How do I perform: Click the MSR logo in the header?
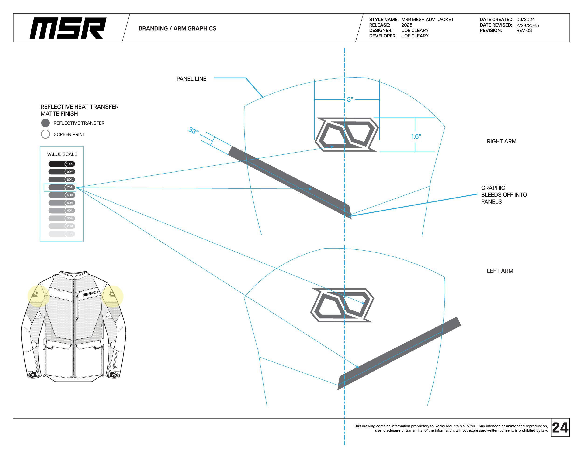(x=68, y=28)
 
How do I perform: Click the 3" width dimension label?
(x=350, y=99)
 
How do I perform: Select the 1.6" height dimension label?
(x=416, y=136)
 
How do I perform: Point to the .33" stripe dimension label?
(x=193, y=130)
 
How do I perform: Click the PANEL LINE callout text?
(x=191, y=79)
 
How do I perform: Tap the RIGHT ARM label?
(x=501, y=141)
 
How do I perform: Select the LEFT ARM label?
(x=500, y=271)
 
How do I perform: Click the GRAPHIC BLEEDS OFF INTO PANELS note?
(x=504, y=195)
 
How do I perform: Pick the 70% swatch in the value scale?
(x=61, y=187)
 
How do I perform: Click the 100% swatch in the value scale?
(x=61, y=164)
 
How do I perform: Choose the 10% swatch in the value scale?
(x=61, y=234)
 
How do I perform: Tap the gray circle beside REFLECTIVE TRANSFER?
(x=45, y=123)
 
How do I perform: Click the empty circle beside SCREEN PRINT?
(x=45, y=134)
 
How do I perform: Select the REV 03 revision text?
(x=524, y=30)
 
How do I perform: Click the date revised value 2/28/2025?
(x=527, y=25)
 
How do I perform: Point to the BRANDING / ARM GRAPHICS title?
(x=177, y=28)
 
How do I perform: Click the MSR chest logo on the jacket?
(x=87, y=294)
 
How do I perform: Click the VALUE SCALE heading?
(x=62, y=154)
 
